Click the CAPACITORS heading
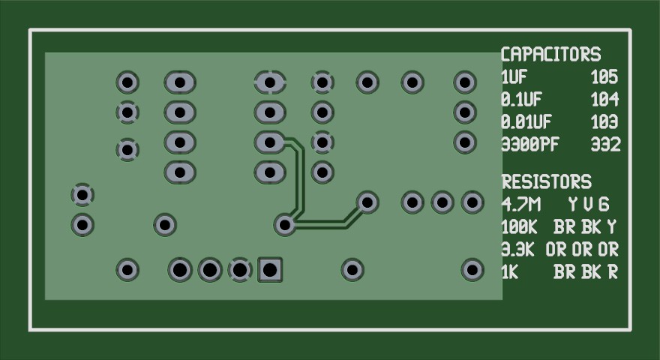tap(551, 54)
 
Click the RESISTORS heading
tap(547, 182)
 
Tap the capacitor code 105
tap(604, 77)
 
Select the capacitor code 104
tap(604, 99)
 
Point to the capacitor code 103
tap(604, 121)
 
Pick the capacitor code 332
tap(606, 145)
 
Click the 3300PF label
tap(530, 145)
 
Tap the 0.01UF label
tap(526, 121)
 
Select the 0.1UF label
tap(521, 99)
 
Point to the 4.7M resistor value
tap(521, 205)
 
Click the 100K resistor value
tap(520, 227)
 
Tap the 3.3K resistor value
tap(517, 250)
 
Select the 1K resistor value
tap(510, 272)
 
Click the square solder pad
tap(270, 270)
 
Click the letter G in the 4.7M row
tap(604, 205)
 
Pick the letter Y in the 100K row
tap(611, 227)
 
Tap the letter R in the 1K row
tap(613, 272)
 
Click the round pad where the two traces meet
tap(285, 224)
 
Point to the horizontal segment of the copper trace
tap(320, 224)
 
